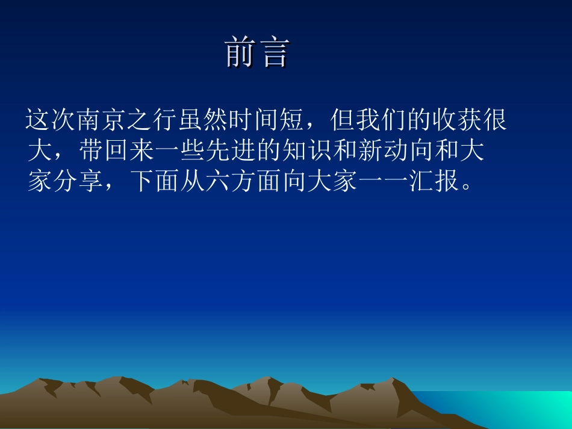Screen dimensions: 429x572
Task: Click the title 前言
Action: click(258, 53)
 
